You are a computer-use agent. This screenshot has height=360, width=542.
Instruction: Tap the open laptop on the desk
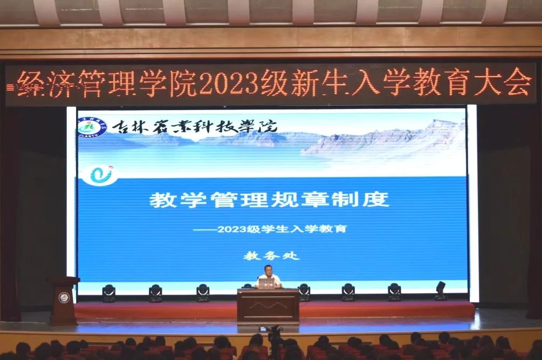pos(267,283)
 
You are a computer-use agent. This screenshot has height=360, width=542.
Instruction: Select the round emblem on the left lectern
pos(64,297)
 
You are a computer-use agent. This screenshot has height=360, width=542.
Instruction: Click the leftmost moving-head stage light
pos(108,293)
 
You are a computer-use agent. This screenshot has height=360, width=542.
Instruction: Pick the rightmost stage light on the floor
pos(441,290)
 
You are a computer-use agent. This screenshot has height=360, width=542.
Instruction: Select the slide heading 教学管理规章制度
pos(269,199)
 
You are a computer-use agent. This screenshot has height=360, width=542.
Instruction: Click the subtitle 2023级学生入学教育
pos(282,229)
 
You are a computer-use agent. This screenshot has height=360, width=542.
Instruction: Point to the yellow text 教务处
pos(271,256)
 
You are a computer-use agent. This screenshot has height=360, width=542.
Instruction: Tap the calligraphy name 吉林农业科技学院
pos(195,127)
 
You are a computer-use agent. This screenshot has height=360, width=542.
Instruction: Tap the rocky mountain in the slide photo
pos(384,138)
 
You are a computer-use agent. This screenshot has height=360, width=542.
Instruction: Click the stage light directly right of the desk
pos(304,292)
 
